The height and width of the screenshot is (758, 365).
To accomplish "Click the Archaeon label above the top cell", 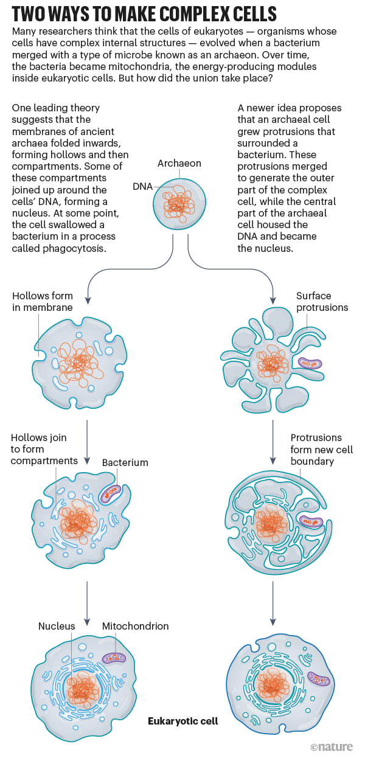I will pyautogui.click(x=179, y=164).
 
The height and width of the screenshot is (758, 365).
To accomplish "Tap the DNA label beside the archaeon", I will pyautogui.click(x=142, y=186).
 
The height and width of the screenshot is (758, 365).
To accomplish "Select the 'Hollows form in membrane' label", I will pyautogui.click(x=42, y=302).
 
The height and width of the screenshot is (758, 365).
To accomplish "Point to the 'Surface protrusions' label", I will pyautogui.click(x=322, y=302).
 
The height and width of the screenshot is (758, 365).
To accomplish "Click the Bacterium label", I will pyautogui.click(x=125, y=462).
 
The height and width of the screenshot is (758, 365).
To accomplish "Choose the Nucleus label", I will pyautogui.click(x=57, y=626).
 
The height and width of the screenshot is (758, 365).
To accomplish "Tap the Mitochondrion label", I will pyautogui.click(x=135, y=626).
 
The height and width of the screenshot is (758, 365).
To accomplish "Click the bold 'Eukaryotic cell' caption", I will pyautogui.click(x=182, y=721).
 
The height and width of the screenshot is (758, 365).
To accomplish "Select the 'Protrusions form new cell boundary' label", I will pyautogui.click(x=321, y=449).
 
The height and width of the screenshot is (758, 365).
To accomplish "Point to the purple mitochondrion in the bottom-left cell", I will pyautogui.click(x=114, y=657).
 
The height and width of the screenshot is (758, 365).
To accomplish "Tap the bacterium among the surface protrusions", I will pyautogui.click(x=309, y=364).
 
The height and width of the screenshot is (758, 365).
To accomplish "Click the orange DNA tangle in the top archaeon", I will pyautogui.click(x=178, y=204).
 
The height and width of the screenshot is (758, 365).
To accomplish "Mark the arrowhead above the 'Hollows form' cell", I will pyautogui.click(x=88, y=301).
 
